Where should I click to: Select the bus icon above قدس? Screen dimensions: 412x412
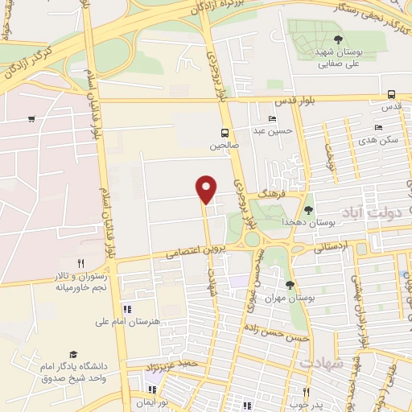tap(391, 93)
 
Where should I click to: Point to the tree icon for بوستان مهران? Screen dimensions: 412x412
tap(290, 285)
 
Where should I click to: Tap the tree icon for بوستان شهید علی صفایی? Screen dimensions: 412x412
tap(338, 39)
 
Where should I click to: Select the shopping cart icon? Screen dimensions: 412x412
tap(31, 119)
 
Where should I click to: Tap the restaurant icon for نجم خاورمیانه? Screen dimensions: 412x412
tap(80, 263)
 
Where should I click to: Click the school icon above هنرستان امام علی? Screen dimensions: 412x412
tap(126, 309)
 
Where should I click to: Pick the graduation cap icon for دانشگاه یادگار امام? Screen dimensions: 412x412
tap(73, 354)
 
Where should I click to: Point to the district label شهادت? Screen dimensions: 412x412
tap(321, 363)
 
